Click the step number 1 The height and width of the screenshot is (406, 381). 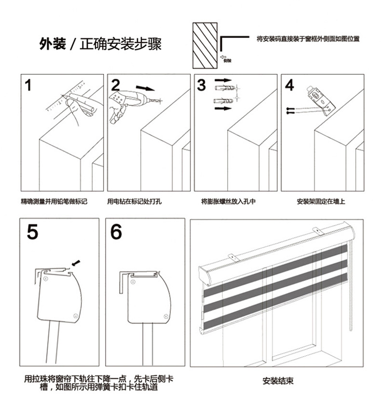[x=28, y=86]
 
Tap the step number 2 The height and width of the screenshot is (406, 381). [x=116, y=85]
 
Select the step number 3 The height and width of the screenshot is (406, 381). [x=202, y=85]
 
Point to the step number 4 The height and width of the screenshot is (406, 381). [x=289, y=85]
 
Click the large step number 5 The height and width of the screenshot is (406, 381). [x=32, y=232]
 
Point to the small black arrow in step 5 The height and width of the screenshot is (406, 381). [x=76, y=263]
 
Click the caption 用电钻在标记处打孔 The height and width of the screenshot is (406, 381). [x=135, y=201]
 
